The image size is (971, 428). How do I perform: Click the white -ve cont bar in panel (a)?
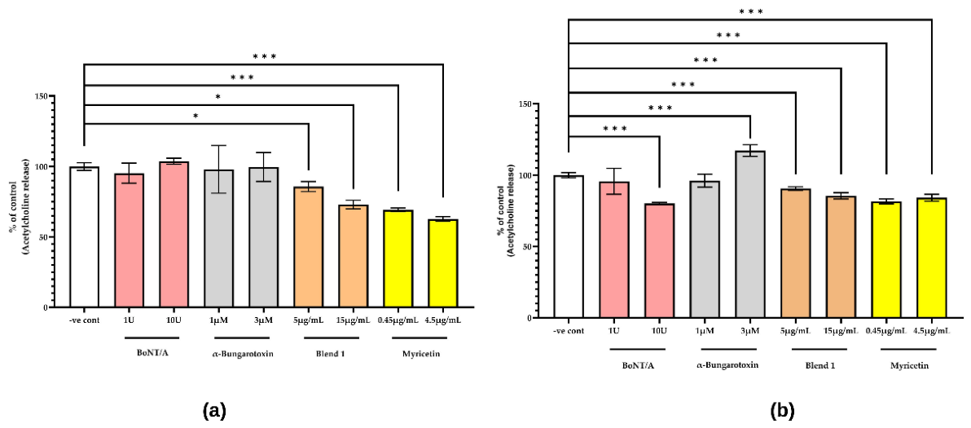(84, 236)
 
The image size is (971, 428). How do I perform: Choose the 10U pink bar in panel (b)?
(660, 261)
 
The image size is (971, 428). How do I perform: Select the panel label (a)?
(214, 409)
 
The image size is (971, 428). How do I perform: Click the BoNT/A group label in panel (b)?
(636, 365)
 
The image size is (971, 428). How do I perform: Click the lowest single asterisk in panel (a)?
(196, 116)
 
